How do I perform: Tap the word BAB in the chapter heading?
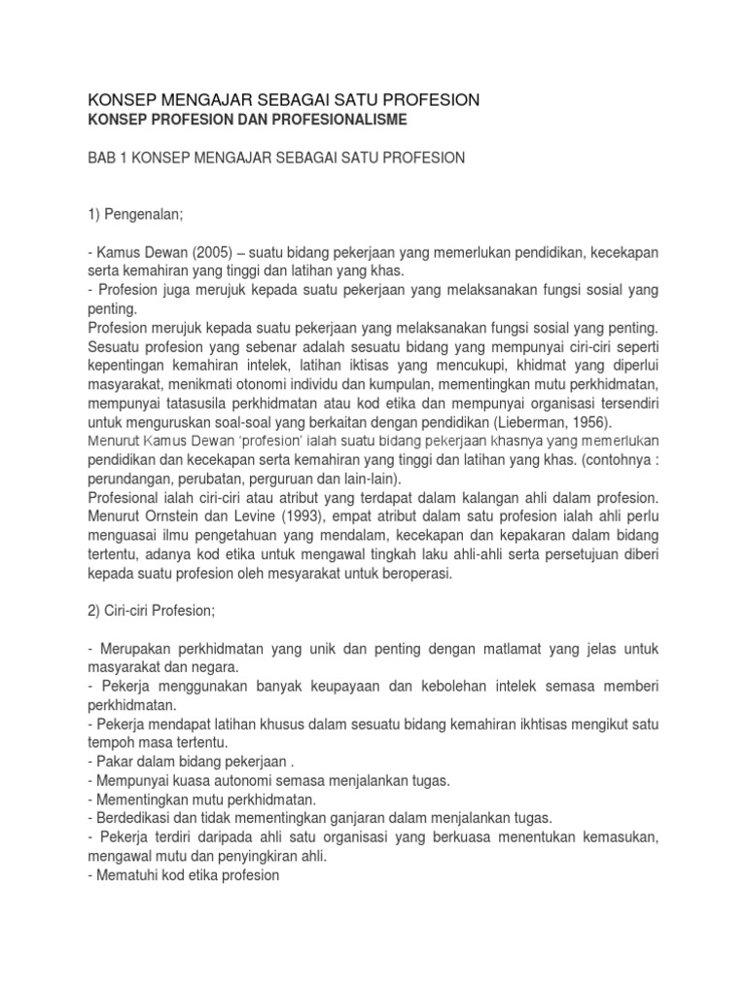coord(104,158)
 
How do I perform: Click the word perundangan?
coord(131,480)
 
